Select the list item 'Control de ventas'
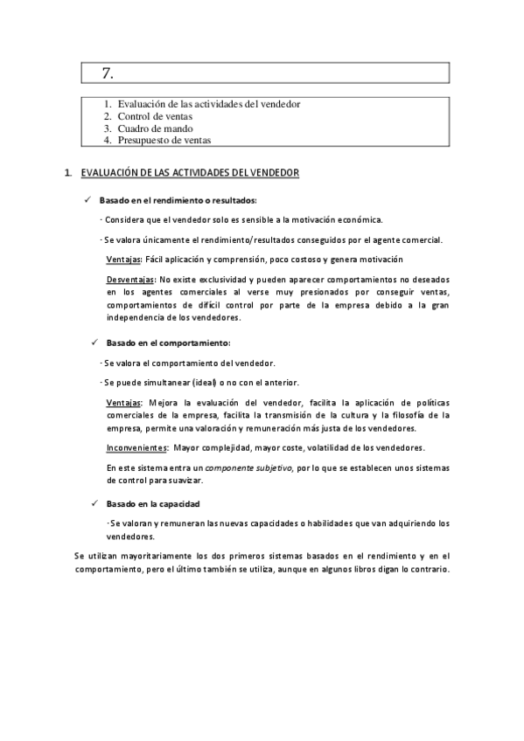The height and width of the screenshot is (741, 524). [155, 116]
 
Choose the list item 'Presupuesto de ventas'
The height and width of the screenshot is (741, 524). [164, 140]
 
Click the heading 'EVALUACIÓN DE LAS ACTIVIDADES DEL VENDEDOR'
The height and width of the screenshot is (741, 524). [190, 173]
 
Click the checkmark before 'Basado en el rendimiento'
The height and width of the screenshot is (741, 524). [88, 200]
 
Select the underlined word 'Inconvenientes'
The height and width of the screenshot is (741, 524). [136, 447]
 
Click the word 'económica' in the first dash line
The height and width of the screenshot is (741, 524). [357, 219]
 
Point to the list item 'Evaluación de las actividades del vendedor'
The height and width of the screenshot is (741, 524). [209, 104]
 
